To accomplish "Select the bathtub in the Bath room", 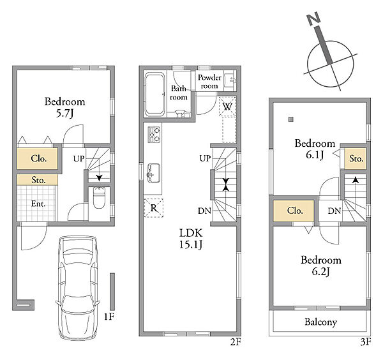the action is click(x=154, y=94).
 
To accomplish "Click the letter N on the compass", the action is click(x=313, y=19).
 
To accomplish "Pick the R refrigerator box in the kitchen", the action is click(x=154, y=208).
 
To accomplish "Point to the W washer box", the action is click(x=227, y=107).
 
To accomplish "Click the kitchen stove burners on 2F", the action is click(x=154, y=135).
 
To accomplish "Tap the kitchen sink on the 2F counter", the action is click(x=154, y=173).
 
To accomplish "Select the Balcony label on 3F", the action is click(x=320, y=322).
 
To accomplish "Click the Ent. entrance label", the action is click(x=38, y=204).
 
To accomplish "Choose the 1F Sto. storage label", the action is click(x=38, y=180).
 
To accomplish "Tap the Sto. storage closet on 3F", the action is click(x=356, y=158).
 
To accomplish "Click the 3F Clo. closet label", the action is click(x=295, y=211).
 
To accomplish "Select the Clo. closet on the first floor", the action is click(x=38, y=158).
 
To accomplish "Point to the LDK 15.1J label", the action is click(x=191, y=239).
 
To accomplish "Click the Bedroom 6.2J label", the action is click(x=321, y=266).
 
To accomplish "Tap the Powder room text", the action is click(x=209, y=82).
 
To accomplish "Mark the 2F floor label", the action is click(x=236, y=342).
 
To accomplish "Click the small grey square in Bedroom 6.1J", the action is click(x=290, y=119).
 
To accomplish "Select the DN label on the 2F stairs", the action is click(x=204, y=211).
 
